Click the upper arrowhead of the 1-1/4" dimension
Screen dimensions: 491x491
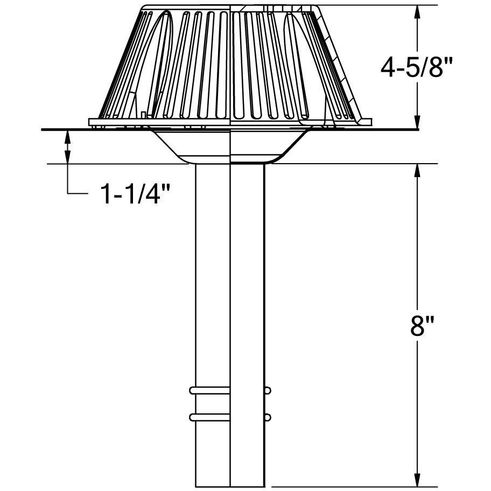[67, 135]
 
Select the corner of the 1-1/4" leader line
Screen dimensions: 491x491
[67, 192]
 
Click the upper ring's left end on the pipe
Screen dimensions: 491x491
[192, 389]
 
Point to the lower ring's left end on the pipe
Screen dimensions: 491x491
[192, 416]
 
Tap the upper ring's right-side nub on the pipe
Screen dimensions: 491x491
[268, 389]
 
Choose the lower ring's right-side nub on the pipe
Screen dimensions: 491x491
[268, 417]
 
